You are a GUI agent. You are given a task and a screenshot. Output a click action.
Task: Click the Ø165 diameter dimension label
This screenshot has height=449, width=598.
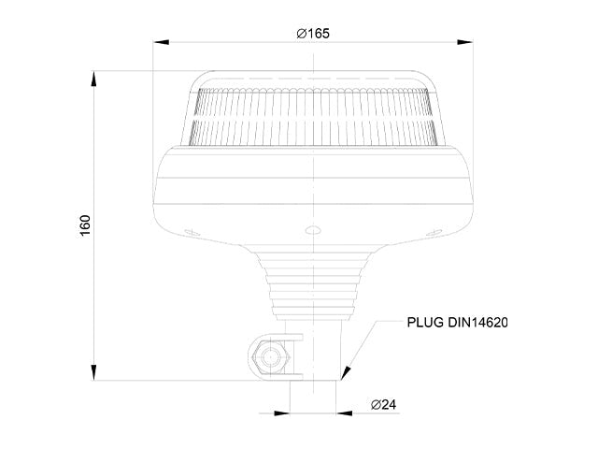coord(313,34)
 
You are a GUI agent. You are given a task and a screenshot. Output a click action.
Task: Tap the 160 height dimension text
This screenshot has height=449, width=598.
coord(85,225)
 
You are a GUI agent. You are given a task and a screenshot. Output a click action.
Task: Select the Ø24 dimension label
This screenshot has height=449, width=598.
coord(384,404)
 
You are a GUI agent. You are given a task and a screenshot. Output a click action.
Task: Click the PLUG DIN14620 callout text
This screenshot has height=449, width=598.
coord(457,323)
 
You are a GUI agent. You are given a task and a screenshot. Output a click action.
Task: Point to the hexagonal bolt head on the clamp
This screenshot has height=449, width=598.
coord(270,357)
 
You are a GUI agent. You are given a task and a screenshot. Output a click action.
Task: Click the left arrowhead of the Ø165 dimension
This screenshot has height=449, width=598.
coord(161,42)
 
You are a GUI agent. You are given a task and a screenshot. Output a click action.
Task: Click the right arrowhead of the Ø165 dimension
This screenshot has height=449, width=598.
coord(465,42)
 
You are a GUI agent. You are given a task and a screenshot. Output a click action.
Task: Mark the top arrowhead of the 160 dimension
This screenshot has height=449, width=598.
coord(93,79)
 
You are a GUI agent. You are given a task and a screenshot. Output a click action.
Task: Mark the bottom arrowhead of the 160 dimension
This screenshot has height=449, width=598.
coord(93,372)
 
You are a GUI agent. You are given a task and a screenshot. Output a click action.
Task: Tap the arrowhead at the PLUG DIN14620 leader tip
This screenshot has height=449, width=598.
coord(346,372)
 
